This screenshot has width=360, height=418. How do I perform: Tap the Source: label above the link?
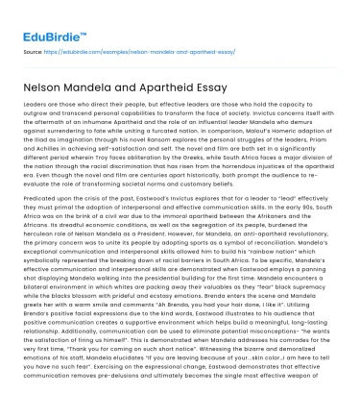click(34, 44)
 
